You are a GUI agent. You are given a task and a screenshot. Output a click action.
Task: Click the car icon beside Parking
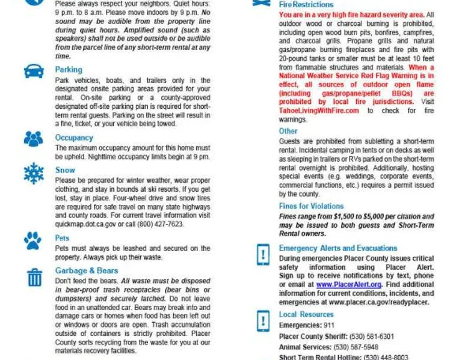34,72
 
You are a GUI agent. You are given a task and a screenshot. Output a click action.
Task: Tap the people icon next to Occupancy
34,139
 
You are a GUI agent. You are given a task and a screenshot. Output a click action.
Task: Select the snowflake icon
34,172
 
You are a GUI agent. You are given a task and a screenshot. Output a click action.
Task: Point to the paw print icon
33,241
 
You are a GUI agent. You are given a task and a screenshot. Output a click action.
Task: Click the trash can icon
34,277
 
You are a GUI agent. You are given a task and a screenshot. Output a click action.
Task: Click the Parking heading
69,70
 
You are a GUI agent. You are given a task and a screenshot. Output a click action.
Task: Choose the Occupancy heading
74,138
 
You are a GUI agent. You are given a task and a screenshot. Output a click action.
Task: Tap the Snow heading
65,170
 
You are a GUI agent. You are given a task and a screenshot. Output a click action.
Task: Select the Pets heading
63,238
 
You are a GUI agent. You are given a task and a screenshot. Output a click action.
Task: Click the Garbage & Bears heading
87,270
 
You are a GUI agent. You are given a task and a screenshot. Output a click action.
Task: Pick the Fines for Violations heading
311,206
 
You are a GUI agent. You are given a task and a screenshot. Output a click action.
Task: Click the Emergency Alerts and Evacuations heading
338,248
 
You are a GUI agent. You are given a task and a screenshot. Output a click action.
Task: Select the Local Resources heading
306,314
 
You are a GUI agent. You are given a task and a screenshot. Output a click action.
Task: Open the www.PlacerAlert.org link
349,284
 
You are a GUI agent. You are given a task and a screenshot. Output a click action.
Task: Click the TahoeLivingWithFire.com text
319,111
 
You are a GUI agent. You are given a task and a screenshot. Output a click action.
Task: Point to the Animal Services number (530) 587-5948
356,347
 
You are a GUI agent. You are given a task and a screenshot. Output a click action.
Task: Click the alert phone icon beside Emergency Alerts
263,254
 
